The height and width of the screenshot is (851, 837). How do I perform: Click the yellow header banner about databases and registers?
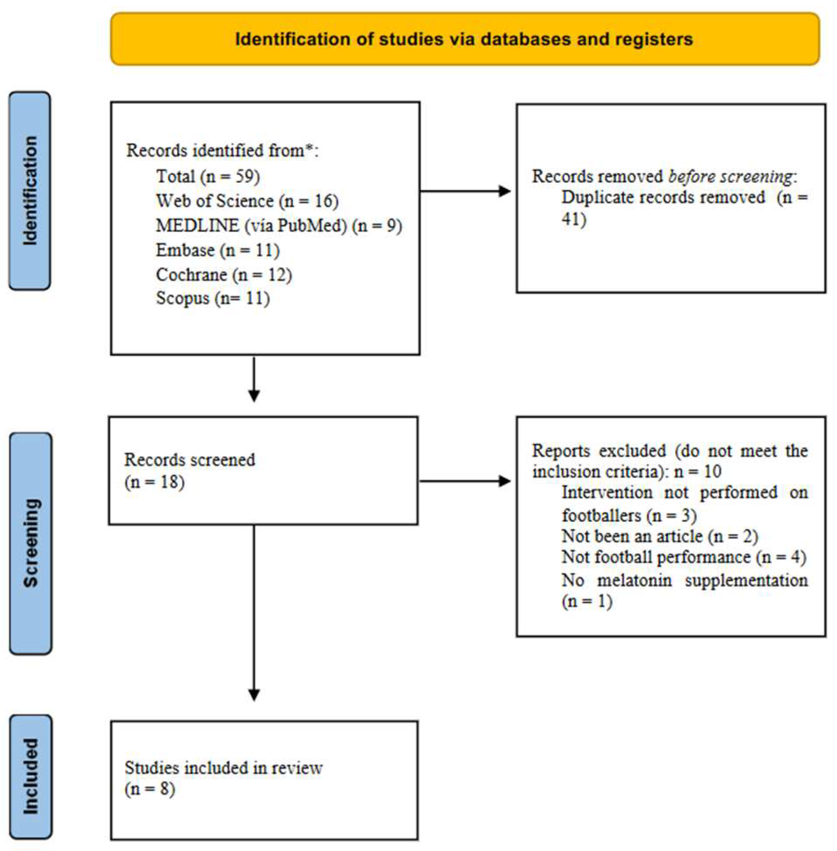(x=465, y=39)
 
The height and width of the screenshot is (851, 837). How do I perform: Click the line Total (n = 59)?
(x=208, y=176)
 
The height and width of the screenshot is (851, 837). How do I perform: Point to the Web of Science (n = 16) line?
(x=247, y=201)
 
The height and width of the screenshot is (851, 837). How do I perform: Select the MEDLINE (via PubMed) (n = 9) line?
(x=279, y=225)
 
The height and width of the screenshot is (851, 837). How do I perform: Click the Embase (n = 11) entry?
(x=218, y=250)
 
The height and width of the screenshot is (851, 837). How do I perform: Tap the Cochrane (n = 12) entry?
(x=224, y=275)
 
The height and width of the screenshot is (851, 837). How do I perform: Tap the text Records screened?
(x=189, y=460)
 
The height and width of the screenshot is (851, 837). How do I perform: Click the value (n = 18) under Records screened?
(x=154, y=482)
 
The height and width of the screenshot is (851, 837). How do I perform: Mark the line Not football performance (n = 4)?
(x=684, y=557)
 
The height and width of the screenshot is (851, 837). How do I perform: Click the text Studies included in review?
(x=223, y=768)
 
